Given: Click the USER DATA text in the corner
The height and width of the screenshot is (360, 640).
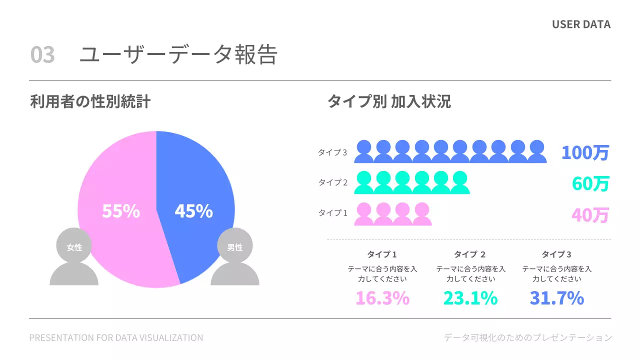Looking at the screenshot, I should pos(581,24).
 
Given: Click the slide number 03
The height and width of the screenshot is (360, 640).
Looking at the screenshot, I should pos(42,55).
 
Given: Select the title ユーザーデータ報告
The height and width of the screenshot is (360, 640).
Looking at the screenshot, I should pos(178,55).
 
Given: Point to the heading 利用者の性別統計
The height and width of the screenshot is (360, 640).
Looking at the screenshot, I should pos(90,102).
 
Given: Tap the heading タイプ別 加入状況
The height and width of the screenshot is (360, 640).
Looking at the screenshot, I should pos(389,102).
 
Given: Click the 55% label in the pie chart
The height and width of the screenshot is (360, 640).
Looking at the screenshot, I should pos(120,211).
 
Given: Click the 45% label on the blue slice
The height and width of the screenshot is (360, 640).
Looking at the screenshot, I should pos(193,211).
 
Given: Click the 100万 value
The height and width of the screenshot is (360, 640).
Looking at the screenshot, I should pos(585,152).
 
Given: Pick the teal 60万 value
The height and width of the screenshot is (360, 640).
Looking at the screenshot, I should pos(590,184).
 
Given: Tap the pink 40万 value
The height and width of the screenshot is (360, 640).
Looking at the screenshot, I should pos(590,215).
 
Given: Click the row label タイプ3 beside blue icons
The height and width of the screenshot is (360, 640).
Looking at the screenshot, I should pos(332,152).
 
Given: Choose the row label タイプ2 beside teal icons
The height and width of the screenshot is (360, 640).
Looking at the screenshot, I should pos(332,182).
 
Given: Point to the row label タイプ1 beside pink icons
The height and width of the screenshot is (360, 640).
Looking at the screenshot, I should pos(332,213).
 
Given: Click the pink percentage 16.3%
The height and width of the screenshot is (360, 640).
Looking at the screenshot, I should pos(382,298).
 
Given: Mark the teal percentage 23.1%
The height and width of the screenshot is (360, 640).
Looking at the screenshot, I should pos(470,298).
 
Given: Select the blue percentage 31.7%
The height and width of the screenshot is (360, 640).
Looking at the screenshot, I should pos(557,298).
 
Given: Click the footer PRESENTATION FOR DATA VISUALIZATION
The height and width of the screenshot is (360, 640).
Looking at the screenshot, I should pos(116,338).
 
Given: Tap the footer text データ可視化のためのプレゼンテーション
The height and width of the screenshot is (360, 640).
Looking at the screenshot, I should pos(527,338).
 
